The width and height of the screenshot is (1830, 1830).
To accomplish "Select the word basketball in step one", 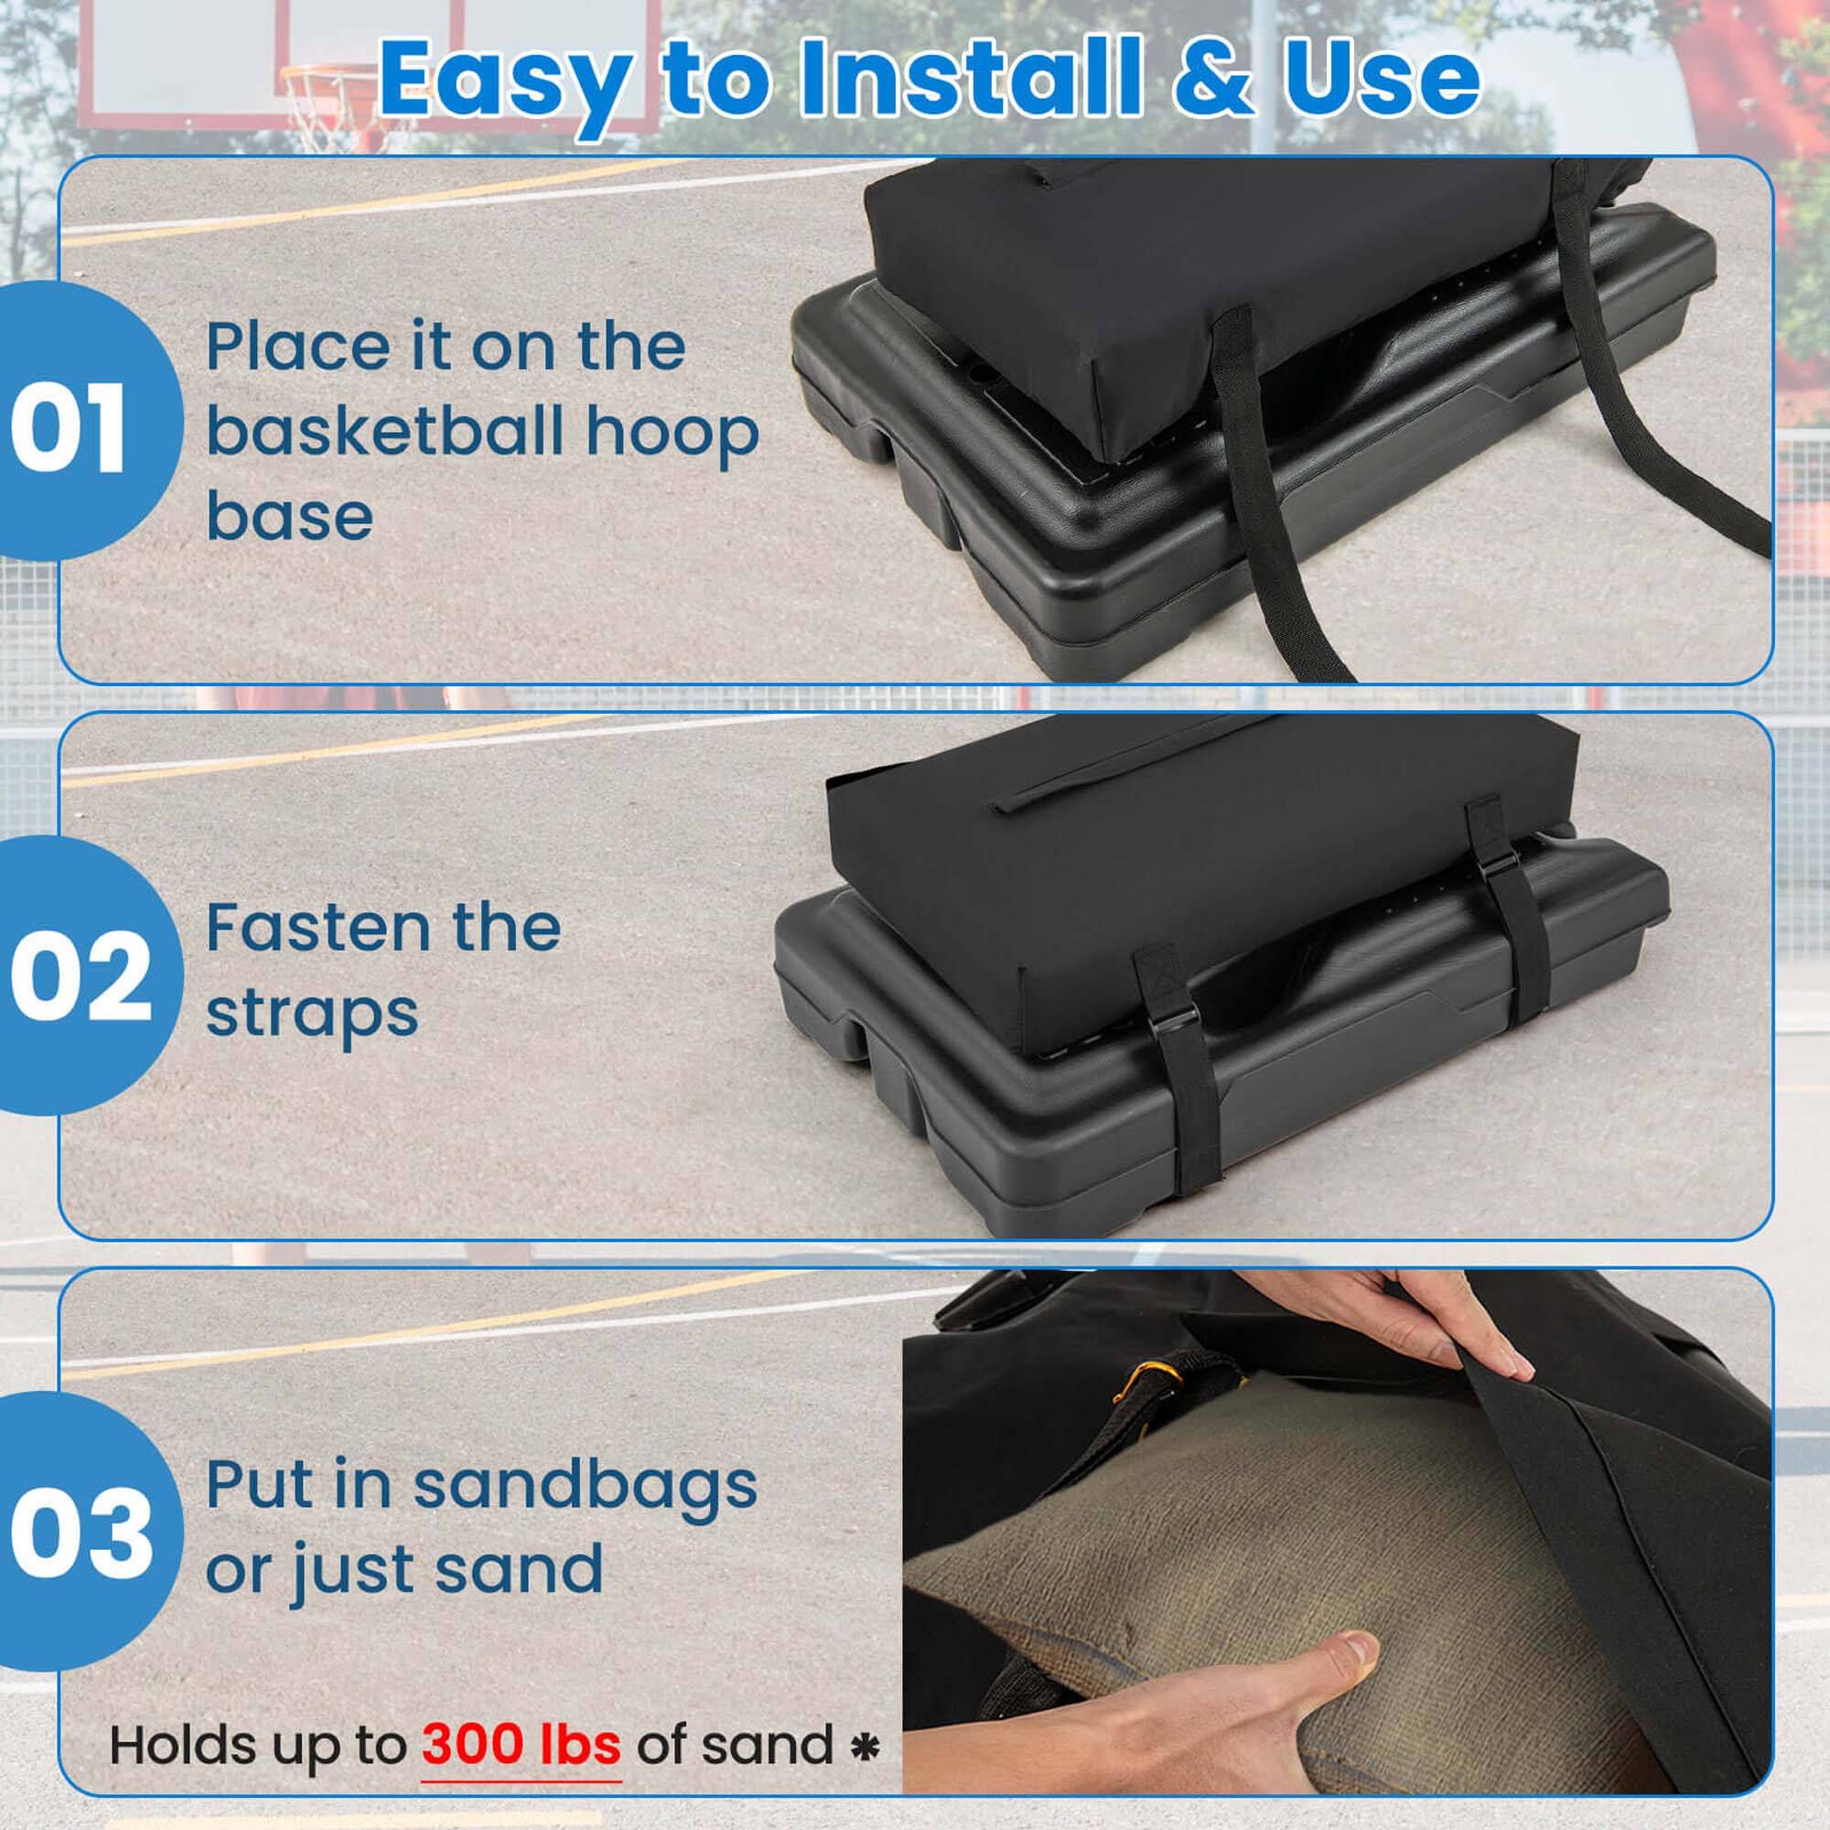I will pyautogui.click(x=385, y=432).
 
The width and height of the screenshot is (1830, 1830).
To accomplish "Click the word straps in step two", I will pyautogui.click(x=312, y=1016).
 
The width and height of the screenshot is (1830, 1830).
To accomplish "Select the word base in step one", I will pyautogui.click(x=289, y=516).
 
